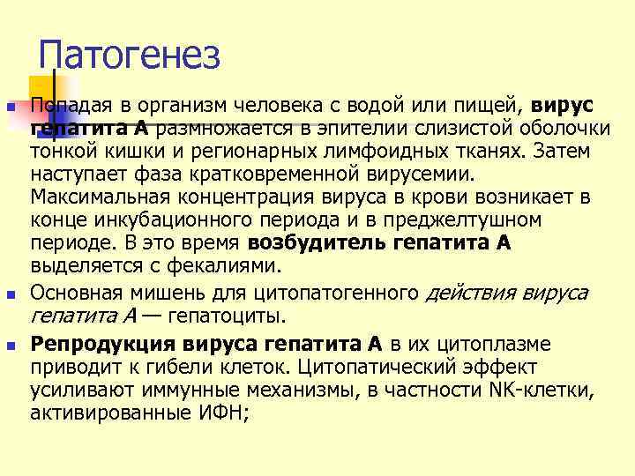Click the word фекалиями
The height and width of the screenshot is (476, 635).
coord(221,264)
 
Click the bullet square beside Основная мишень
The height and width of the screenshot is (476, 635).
coord(11,294)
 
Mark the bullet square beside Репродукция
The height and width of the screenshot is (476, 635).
coord(11,345)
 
